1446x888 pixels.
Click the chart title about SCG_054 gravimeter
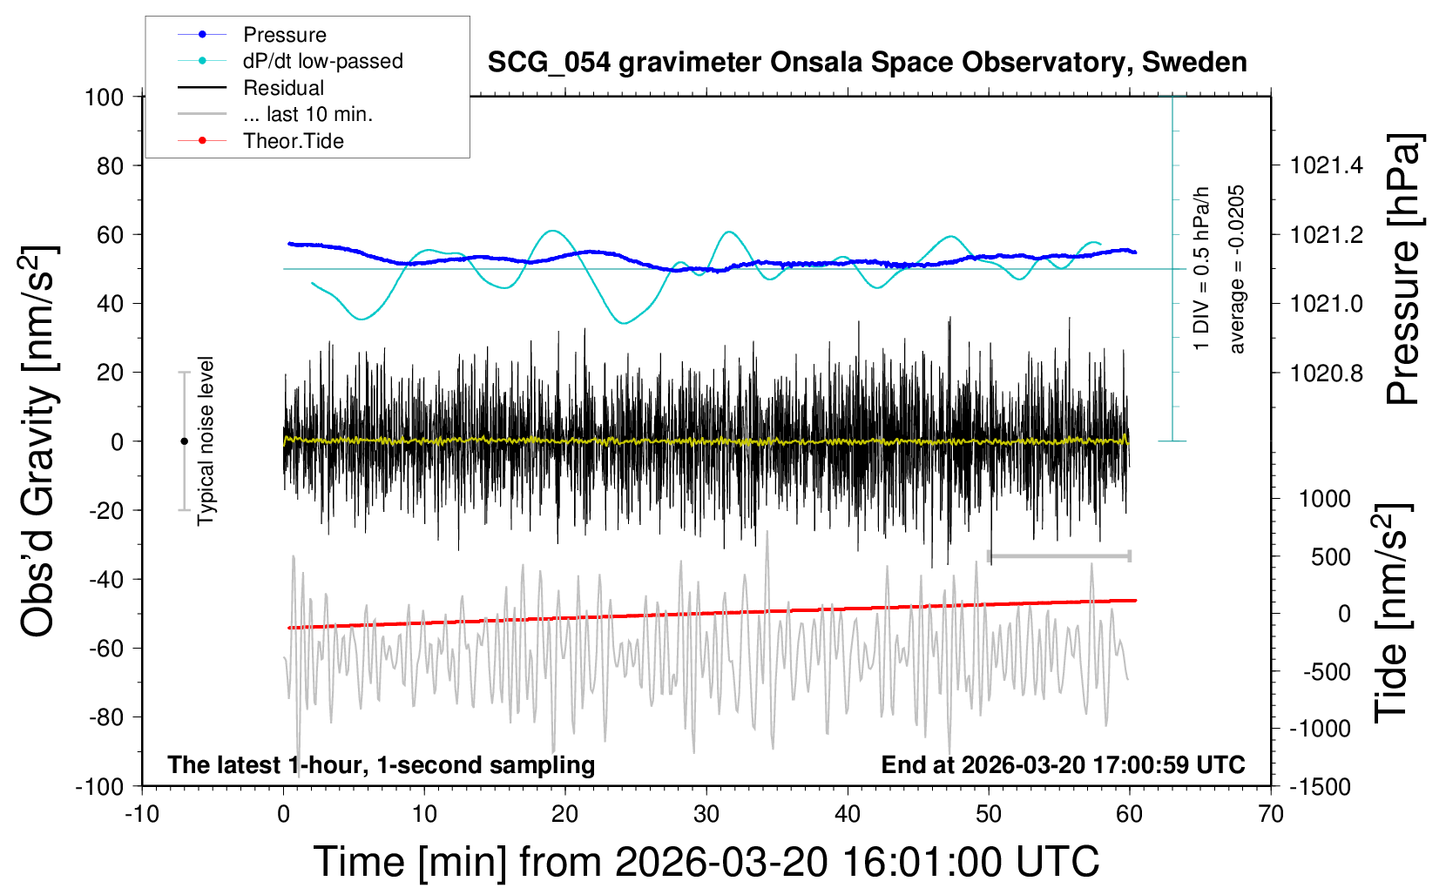[867, 63]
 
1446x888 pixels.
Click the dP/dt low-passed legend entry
[322, 61]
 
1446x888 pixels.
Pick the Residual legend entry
[283, 88]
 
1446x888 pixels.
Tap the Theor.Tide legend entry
[293, 141]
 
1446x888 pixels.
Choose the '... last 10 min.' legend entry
[307, 114]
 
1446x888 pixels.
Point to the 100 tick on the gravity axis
[104, 97]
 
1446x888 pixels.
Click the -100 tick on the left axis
[99, 786]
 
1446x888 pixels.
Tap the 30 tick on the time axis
[706, 815]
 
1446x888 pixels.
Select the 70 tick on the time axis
[1271, 815]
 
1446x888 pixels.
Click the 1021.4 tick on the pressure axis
[1328, 165]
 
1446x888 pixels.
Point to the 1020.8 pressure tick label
[1328, 373]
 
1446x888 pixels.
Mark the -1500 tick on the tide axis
[1320, 787]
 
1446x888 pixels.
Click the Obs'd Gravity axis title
[39, 441]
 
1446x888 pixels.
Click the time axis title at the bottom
[706, 862]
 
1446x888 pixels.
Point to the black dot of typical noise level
[184, 441]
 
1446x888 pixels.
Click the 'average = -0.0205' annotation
[1236, 269]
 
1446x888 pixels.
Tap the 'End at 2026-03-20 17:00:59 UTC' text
[1063, 765]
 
